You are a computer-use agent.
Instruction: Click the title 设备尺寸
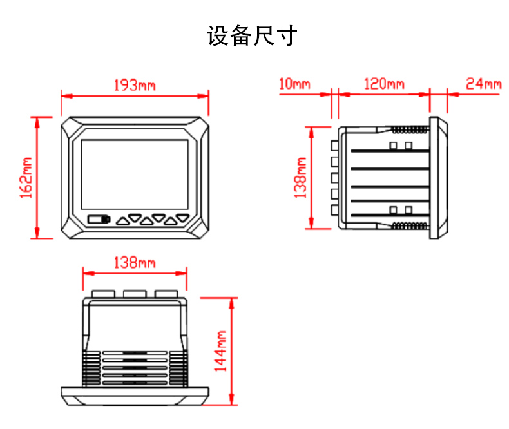pos(252,35)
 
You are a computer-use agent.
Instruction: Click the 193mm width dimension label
pos(135,85)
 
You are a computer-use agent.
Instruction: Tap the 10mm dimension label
pos(295,84)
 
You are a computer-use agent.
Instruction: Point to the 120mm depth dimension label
pos(384,84)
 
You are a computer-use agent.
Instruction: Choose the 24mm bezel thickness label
pos(483,84)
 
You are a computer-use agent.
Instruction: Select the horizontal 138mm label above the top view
pos(134,263)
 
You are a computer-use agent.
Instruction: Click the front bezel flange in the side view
pos(439,178)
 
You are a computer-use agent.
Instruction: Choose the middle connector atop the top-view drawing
pos(135,294)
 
